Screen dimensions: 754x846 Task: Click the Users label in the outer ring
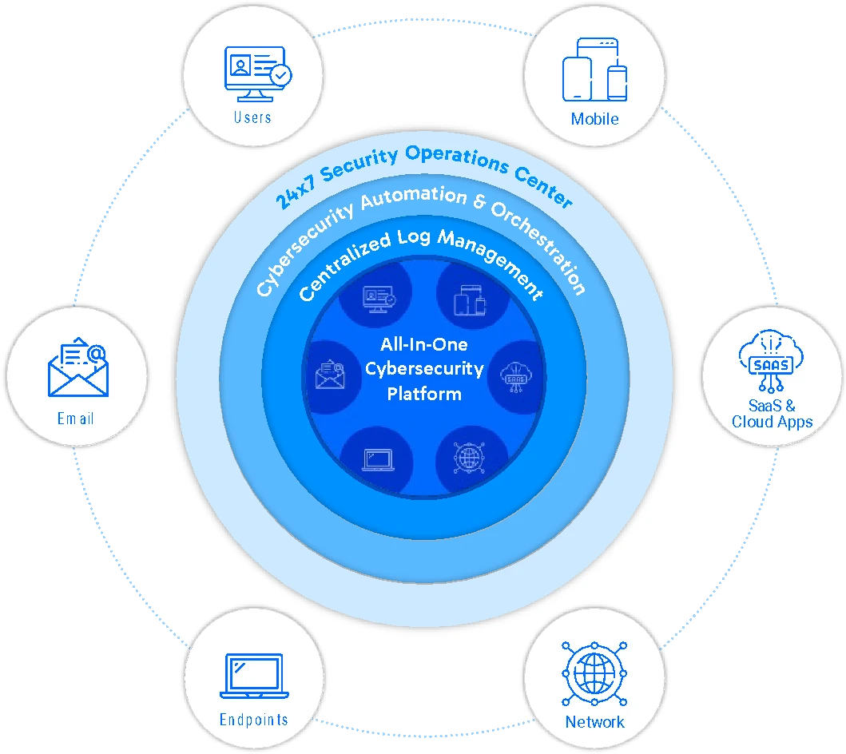(x=252, y=117)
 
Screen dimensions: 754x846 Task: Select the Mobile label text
(x=594, y=119)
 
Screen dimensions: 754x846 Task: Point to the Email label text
(x=76, y=419)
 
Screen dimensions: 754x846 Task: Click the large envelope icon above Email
(x=77, y=369)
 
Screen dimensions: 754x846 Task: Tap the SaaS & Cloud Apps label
(x=773, y=414)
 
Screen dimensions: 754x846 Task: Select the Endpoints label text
(x=253, y=720)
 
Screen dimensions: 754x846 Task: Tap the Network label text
(x=594, y=722)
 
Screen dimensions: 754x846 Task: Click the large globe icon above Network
(x=593, y=673)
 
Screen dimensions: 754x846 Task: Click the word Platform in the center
(x=424, y=394)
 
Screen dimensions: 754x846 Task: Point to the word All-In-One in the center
(x=424, y=345)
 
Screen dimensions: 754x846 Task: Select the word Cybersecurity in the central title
(x=424, y=369)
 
